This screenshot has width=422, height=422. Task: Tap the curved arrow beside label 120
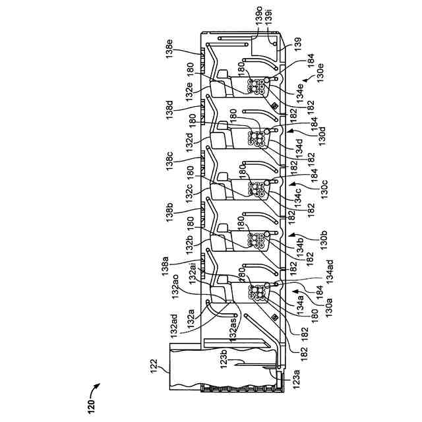100,388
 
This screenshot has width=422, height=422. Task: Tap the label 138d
169,107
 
